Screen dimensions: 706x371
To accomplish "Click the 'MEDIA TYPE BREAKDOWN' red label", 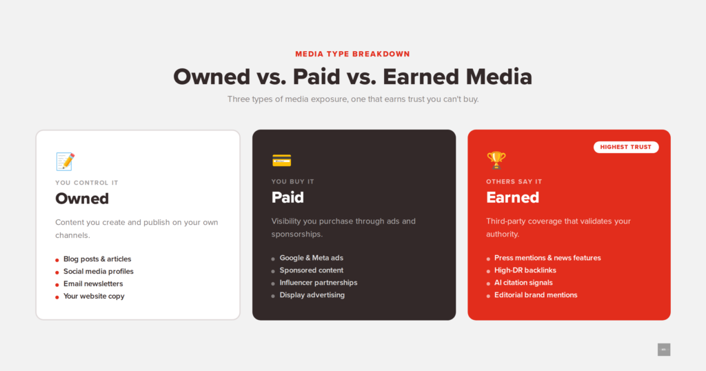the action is click(352, 54).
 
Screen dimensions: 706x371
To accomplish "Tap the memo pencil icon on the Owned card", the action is click(65, 161).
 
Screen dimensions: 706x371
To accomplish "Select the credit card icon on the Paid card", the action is click(282, 160).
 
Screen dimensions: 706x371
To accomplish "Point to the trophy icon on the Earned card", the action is click(496, 160).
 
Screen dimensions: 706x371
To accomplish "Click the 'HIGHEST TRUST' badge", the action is click(626, 148).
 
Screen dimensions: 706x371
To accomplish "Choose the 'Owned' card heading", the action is click(82, 199).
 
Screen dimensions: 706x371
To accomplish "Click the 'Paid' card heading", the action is click(288, 197).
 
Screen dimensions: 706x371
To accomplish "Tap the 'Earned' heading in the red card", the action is click(512, 197).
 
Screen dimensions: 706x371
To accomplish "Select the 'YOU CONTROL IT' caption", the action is click(87, 183).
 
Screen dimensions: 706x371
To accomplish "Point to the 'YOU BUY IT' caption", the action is click(292, 181).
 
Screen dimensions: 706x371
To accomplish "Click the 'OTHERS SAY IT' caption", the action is click(514, 181).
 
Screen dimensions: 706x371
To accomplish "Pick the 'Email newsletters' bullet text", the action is click(93, 283).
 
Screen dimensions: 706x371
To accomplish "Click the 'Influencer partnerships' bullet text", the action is click(319, 283).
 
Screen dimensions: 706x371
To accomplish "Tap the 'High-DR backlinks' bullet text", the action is click(525, 270).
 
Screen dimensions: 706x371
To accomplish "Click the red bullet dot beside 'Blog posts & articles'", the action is click(57, 260).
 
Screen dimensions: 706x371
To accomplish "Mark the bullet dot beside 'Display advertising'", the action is click(273, 297).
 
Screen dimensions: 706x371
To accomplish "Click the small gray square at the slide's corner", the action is click(664, 350).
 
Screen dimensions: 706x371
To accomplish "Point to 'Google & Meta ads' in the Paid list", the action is click(311, 258).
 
